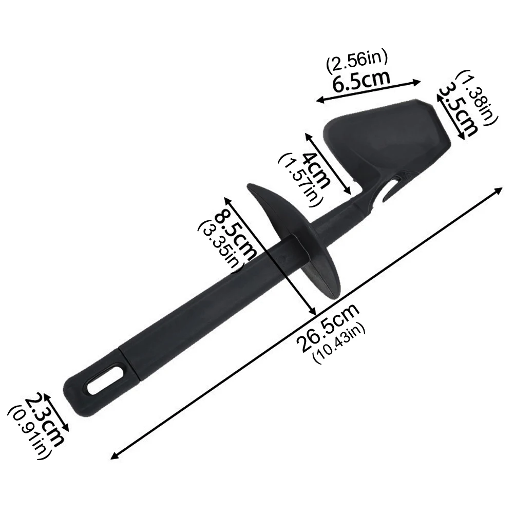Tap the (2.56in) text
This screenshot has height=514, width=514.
point(356,62)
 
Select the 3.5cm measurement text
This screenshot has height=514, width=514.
point(459,111)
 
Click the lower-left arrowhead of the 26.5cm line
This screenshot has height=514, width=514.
point(115,455)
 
